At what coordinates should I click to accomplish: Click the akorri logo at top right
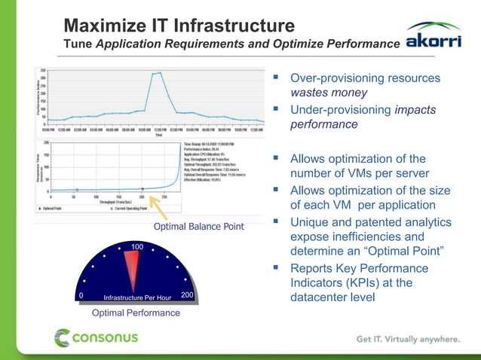click(x=434, y=39)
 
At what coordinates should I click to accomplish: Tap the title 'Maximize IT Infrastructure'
click(x=178, y=26)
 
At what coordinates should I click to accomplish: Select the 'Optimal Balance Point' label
click(x=198, y=227)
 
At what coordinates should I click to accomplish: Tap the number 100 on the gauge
click(x=136, y=248)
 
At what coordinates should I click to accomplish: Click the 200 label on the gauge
click(x=188, y=296)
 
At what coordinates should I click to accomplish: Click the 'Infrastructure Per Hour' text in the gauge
click(x=137, y=297)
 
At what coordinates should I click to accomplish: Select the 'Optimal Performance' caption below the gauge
click(x=136, y=313)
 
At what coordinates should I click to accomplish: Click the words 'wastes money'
click(x=329, y=93)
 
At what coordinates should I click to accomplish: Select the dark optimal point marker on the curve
click(x=143, y=189)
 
